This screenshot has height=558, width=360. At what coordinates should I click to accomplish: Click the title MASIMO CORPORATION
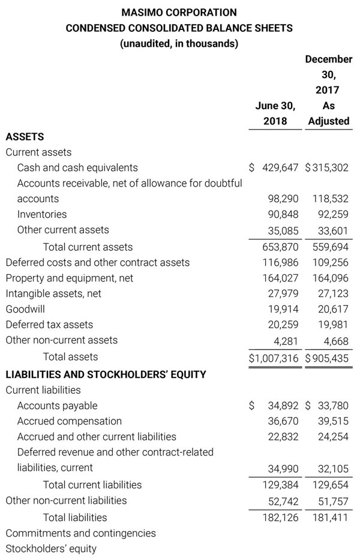(179, 12)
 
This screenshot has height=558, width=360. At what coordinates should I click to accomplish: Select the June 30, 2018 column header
(275, 113)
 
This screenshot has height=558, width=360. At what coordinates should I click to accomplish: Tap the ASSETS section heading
(25, 137)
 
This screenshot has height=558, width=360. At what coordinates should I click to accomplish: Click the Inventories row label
(42, 214)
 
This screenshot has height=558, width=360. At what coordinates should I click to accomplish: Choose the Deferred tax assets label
(49, 325)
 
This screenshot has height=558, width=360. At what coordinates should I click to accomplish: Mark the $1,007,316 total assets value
(274, 358)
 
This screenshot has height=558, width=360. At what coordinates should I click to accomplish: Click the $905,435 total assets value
(327, 358)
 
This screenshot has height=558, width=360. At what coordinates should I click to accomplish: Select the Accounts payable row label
(57, 406)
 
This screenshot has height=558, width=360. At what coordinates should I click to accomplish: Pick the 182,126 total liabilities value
(280, 517)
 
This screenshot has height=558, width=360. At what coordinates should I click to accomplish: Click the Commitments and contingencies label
(80, 533)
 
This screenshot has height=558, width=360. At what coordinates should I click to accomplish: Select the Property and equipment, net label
(69, 278)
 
